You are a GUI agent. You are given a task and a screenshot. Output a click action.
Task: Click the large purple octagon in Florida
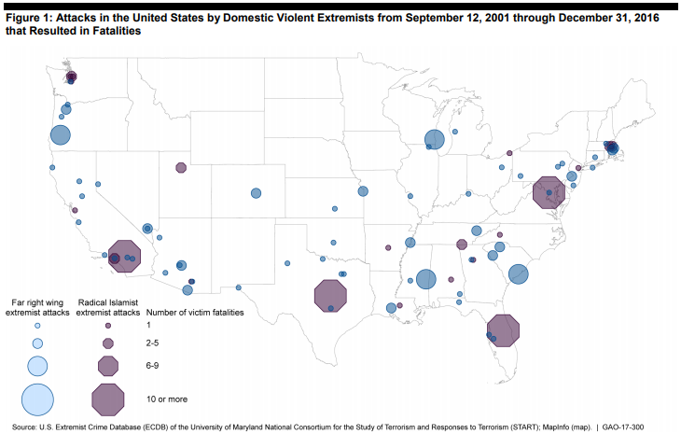pyautogui.click(x=504, y=331)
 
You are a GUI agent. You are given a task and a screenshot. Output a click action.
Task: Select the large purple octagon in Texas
pyautogui.click(x=330, y=296)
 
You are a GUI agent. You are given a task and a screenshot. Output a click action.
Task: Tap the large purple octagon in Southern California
pyautogui.click(x=124, y=255)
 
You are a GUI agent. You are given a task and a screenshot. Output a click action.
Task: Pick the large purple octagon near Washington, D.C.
pyautogui.click(x=548, y=193)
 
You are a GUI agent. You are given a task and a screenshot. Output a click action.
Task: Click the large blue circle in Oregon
pyautogui.click(x=61, y=134)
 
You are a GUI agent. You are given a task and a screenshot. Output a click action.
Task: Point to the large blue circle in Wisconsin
pyautogui.click(x=435, y=139)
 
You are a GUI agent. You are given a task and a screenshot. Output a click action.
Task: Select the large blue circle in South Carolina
pyautogui.click(x=518, y=273)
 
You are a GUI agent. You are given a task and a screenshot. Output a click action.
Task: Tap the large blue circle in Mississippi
pyautogui.click(x=426, y=278)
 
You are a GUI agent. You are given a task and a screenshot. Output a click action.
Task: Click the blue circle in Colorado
pyautogui.click(x=256, y=193)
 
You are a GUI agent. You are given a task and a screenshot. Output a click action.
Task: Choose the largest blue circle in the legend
pyautogui.click(x=37, y=399)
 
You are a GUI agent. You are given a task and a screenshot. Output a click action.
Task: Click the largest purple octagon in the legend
pyautogui.click(x=108, y=399)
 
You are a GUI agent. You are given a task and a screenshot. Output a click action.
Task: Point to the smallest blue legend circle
pyautogui.click(x=37, y=326)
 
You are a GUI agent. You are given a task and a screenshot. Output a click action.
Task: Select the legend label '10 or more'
pyautogui.click(x=169, y=399)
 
